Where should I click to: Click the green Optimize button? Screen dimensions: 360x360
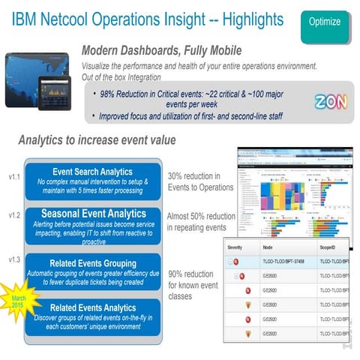(323, 22)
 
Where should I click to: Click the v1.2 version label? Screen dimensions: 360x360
(10, 215)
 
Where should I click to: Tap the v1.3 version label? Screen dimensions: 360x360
(10, 259)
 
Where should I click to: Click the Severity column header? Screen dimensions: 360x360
(237, 247)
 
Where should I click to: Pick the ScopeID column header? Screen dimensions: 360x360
(330, 247)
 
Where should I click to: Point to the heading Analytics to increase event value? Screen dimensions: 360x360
(107, 139)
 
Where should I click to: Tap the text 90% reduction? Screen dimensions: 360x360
(192, 274)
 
